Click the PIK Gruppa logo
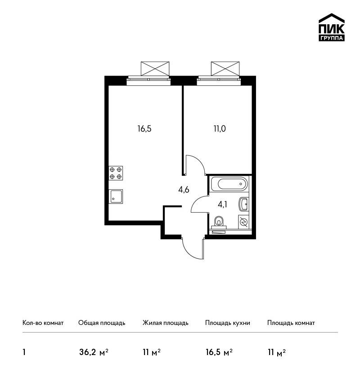(332, 27)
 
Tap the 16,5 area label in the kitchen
(144, 129)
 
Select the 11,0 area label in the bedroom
(220, 129)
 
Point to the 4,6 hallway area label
(184, 190)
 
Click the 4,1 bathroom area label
(222, 204)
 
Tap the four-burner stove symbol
(116, 173)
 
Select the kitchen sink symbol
(116, 196)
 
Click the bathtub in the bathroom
(229, 184)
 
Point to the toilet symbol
(219, 222)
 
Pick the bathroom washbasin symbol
(243, 204)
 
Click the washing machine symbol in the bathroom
(243, 222)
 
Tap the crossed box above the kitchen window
(155, 69)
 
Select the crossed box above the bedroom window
(225, 69)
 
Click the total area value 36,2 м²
(94, 352)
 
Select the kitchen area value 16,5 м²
(219, 352)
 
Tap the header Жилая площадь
(165, 323)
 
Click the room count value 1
(24, 352)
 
